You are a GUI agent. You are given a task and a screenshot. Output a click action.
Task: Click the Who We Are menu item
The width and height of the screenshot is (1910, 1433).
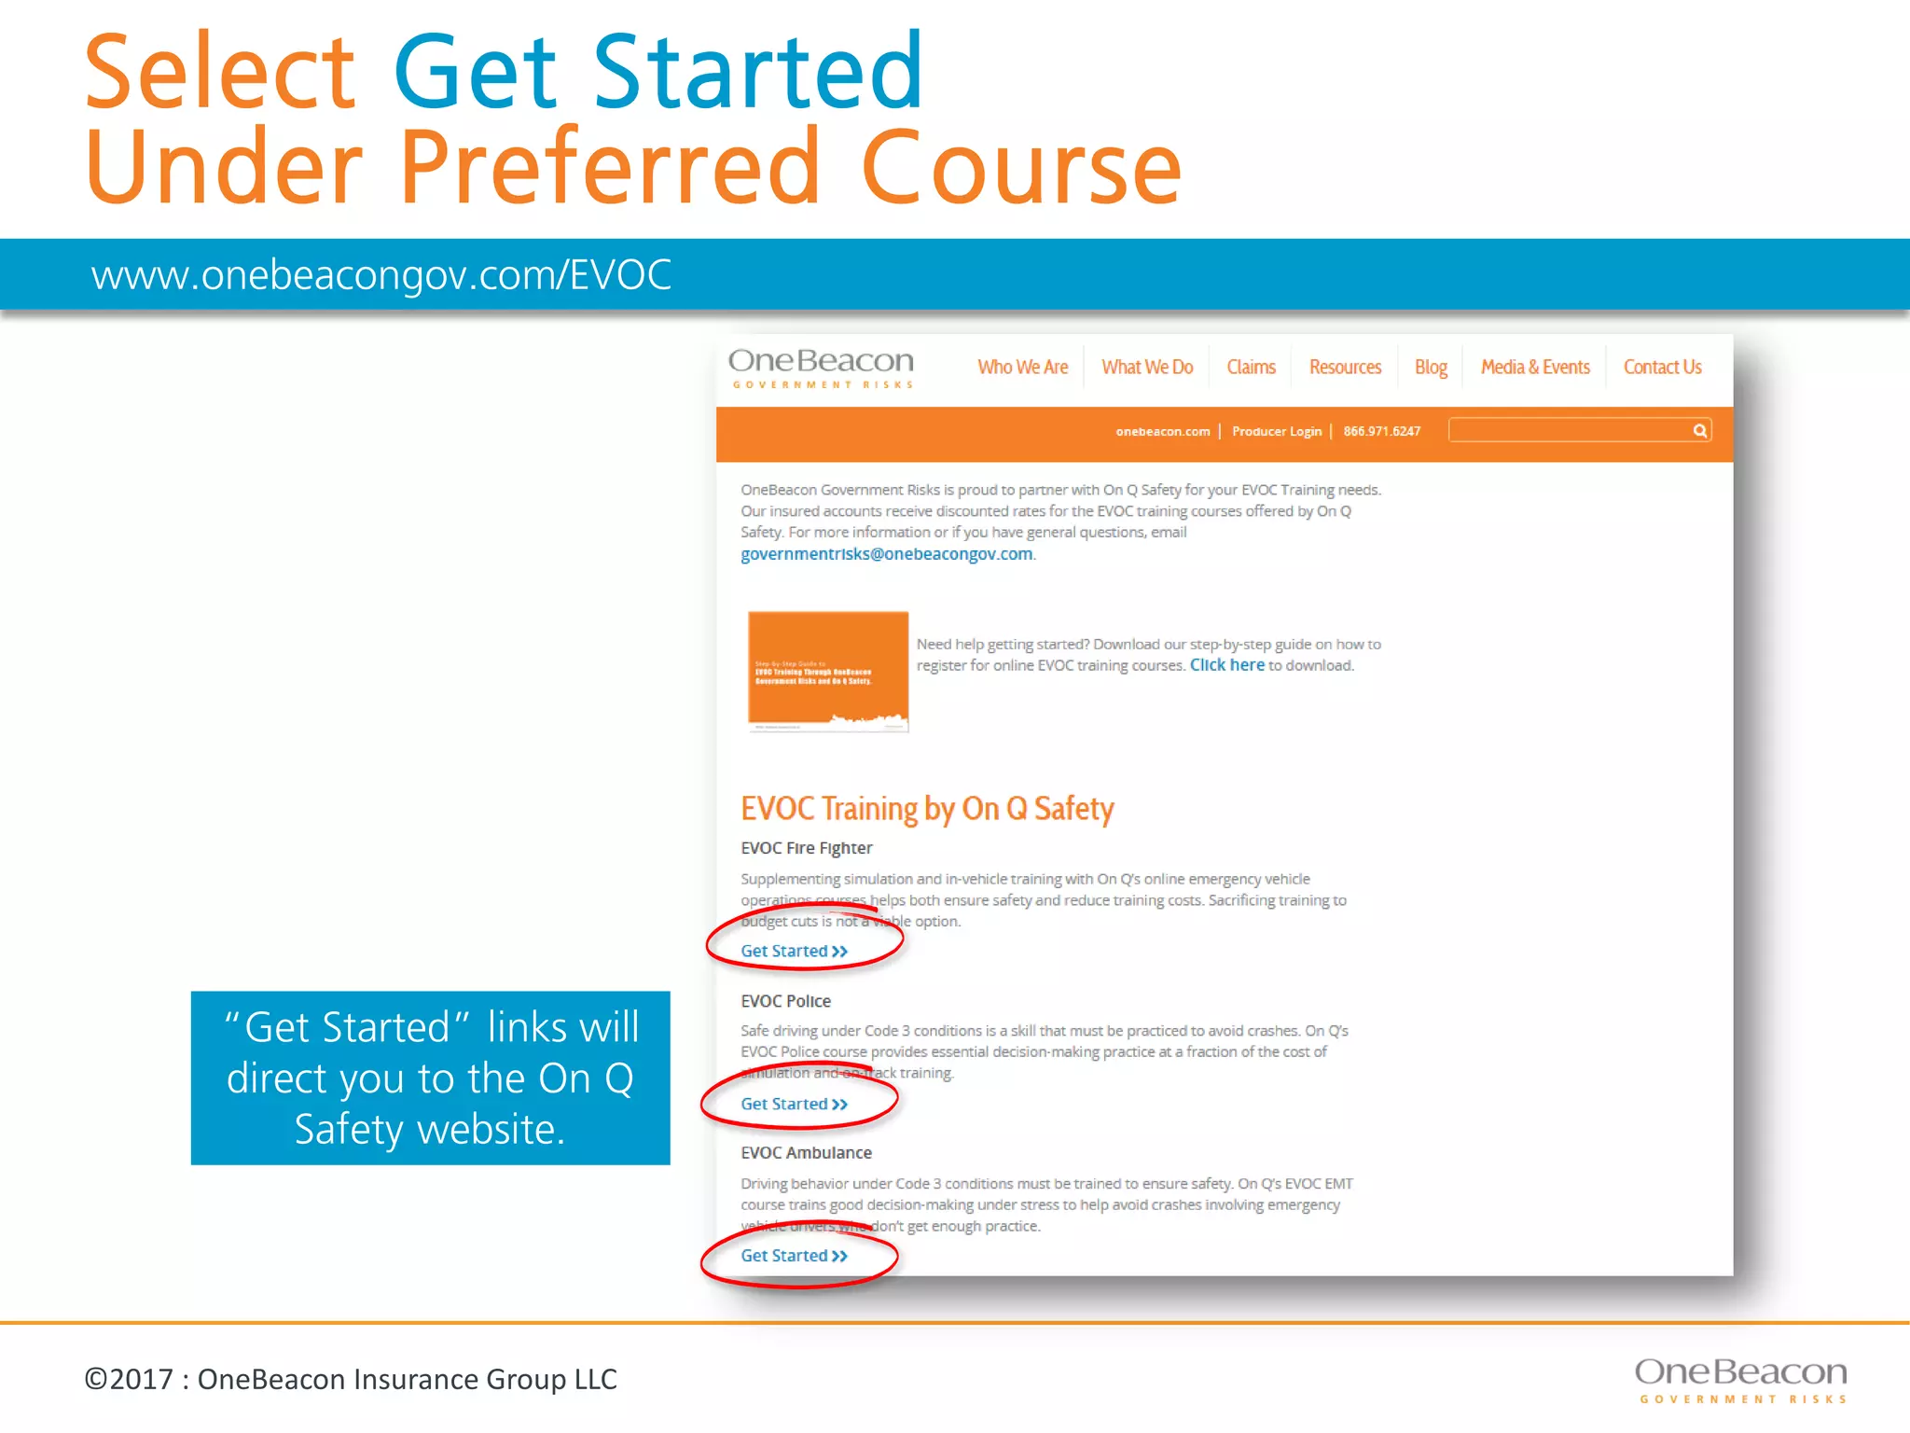[1022, 368]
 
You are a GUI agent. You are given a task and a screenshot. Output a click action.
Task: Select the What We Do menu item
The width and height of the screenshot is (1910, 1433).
[1146, 368]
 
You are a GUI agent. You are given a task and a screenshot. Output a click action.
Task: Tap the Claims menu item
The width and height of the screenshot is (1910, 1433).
[1251, 368]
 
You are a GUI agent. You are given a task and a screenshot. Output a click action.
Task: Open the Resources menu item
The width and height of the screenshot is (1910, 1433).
[1344, 368]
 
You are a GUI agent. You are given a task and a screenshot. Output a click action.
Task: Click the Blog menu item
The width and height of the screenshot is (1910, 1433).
[1430, 368]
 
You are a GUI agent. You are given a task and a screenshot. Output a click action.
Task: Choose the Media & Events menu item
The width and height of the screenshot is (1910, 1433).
[1534, 368]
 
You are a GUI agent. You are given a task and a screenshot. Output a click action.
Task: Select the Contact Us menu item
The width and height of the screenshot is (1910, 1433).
[1662, 368]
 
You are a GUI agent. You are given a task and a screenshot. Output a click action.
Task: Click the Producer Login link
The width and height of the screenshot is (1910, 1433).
[1276, 431]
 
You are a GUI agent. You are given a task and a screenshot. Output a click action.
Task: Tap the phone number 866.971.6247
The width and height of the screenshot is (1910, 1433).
[1381, 431]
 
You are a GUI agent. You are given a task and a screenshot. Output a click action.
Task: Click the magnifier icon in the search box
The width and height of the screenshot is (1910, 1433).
[1699, 430]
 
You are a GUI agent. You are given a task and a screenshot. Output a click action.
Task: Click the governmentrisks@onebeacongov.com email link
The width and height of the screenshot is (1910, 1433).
[886, 554]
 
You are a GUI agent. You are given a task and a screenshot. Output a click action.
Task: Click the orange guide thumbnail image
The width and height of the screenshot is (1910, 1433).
[827, 671]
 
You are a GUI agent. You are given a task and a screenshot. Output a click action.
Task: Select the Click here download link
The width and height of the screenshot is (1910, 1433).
[1226, 665]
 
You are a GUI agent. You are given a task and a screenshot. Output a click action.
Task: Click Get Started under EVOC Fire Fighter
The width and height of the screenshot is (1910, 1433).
[793, 951]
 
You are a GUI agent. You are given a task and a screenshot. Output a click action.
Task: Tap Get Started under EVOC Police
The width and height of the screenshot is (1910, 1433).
[793, 1104]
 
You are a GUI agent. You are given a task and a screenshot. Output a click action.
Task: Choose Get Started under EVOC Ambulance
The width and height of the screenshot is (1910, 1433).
[793, 1256]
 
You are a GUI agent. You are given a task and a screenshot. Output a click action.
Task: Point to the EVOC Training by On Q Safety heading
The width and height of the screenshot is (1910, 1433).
[927, 809]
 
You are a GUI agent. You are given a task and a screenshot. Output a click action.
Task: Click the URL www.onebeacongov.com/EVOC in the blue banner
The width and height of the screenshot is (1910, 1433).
[381, 275]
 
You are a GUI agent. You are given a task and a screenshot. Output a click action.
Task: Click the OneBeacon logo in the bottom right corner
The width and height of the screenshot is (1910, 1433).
[1740, 1379]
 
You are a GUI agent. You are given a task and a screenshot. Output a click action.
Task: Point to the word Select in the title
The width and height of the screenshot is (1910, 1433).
[220, 73]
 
